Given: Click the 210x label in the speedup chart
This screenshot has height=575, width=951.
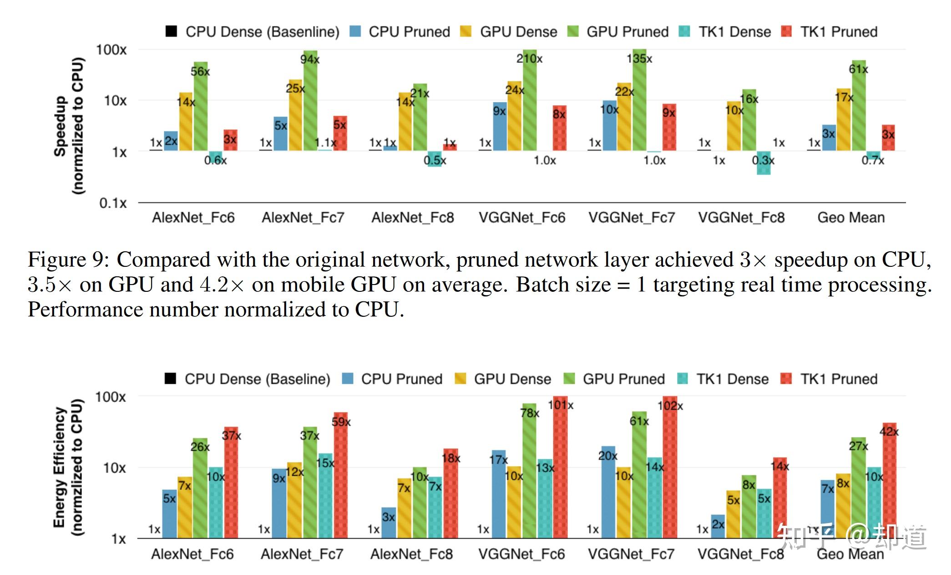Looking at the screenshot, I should coord(529,59).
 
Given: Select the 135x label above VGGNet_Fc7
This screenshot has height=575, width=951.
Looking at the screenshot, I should coord(639,59).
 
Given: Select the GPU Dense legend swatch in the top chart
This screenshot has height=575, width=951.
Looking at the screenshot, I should coord(466,31).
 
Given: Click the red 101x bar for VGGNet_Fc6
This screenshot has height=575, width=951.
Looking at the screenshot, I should coord(560,469).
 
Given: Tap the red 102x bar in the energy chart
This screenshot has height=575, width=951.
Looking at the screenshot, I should coord(670,469).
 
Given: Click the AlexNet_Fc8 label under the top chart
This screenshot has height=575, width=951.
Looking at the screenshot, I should coord(413,218).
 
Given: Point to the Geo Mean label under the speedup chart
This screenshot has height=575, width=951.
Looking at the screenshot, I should coord(851,218).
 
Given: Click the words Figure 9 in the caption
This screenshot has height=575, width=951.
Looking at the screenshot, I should coord(68,260).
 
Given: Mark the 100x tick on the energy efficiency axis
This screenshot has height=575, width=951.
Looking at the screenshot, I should coord(110,397).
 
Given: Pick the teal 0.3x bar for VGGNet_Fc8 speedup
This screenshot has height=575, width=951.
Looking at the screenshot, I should coord(764,163).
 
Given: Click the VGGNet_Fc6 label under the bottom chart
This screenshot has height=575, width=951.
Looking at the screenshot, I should coord(521,554).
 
